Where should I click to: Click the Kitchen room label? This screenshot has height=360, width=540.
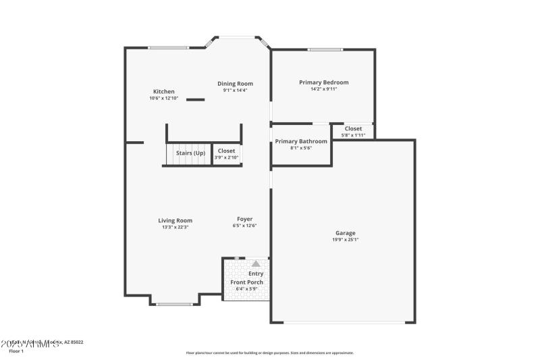(163, 92)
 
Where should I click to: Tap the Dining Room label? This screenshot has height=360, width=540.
(235, 84)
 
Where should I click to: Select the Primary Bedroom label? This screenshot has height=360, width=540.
(323, 82)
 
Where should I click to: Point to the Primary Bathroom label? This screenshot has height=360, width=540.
(300, 141)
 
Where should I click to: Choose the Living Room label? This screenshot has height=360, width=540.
(175, 220)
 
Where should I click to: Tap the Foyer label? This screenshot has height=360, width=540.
(244, 219)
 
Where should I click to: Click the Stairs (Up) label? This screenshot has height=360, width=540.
(190, 153)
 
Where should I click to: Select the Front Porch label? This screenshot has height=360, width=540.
(247, 282)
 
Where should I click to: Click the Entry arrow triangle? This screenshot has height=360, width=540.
(256, 264)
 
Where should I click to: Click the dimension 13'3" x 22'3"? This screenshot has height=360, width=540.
(175, 227)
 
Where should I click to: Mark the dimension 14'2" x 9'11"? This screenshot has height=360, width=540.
(323, 89)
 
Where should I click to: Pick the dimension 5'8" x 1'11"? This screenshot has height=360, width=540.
(353, 135)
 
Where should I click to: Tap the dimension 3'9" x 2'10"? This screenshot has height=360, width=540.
(226, 158)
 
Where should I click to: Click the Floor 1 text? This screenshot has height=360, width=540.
(16, 351)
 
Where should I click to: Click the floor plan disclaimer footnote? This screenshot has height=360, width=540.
(269, 353)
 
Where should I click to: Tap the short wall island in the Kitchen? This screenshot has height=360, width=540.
(195, 100)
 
